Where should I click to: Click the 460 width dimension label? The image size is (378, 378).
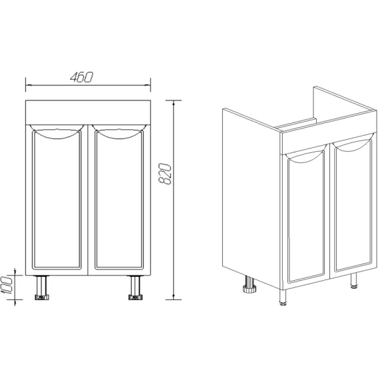81,77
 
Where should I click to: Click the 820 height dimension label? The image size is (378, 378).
165,174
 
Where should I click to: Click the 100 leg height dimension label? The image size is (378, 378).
7,285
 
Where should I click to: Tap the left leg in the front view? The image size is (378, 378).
42,287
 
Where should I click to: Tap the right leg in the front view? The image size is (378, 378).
136,287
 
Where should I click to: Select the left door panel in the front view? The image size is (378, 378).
57,200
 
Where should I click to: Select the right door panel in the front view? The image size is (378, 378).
119,200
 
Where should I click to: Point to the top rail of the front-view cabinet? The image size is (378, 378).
89,112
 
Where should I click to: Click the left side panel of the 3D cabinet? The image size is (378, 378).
252,197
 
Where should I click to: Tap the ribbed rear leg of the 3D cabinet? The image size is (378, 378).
250,284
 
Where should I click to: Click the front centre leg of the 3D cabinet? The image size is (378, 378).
283,297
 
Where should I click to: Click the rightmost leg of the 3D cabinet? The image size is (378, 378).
354,281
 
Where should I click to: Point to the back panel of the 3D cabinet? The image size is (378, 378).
345,102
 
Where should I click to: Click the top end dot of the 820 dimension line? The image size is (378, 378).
174,104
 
